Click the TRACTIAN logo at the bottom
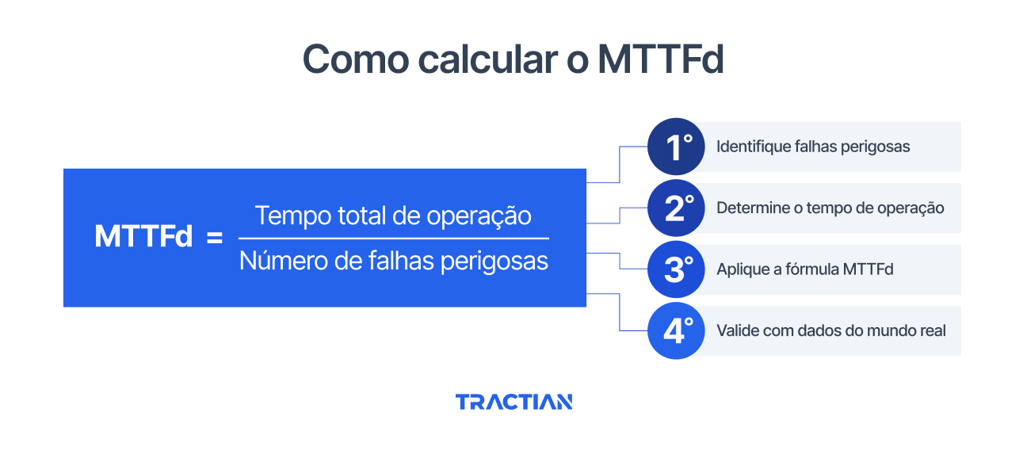[513, 402]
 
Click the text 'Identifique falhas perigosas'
[813, 147]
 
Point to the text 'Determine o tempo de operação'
[830, 208]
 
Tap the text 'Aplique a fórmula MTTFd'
[804, 269]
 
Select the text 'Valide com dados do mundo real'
[831, 330]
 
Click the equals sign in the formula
[215, 237]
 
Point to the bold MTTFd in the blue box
[143, 237]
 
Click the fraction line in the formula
[394, 238]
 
